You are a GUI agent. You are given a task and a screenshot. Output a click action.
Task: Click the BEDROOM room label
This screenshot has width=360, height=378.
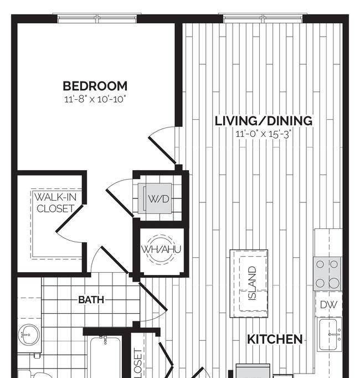coord(95,86)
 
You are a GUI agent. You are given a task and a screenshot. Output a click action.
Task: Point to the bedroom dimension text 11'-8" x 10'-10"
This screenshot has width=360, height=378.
coord(95,99)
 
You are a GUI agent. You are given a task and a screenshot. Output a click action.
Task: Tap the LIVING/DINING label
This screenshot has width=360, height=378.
coord(264,121)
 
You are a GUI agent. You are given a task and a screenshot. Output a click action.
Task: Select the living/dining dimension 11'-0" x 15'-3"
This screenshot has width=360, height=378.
coord(264,134)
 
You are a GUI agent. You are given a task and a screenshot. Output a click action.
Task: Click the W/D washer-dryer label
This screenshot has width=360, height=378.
coord(158,199)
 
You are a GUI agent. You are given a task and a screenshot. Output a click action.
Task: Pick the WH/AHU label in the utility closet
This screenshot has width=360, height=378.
coord(161,249)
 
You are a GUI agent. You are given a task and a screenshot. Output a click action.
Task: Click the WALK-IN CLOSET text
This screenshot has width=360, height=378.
coord(55,203)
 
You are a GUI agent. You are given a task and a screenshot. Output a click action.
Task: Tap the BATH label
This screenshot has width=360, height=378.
coord(91,300)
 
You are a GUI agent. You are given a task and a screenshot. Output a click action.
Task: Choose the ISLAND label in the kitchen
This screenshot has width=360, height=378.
coord(251,283)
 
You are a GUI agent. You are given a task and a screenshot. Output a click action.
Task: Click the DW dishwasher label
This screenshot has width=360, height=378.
coord(328,305)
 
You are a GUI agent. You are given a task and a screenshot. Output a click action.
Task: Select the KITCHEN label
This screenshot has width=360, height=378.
coord(275,339)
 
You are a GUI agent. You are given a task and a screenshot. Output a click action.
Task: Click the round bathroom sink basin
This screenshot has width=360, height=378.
coord(29,335)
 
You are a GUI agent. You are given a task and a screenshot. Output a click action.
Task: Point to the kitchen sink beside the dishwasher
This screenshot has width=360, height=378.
coord(329,334)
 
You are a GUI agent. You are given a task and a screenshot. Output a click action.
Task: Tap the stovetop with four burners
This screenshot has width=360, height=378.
coord(327,274)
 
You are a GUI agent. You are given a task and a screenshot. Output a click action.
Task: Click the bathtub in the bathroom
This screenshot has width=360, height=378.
coord(105,357)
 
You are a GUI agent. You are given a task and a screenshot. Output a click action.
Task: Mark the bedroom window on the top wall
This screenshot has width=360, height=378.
coord(97,18)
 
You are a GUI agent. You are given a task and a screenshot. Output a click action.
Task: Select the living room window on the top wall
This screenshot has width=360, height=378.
coord(263,18)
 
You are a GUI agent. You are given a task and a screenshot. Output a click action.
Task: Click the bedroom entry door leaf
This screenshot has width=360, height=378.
coord(162,150)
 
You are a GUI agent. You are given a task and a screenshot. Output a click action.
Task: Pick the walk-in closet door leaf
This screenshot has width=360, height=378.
coord(70,218)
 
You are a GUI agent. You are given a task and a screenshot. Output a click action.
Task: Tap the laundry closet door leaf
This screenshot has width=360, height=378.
coord(120,203)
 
